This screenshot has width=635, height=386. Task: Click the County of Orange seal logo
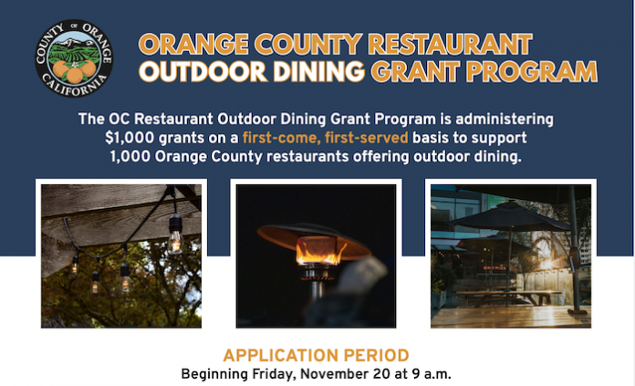[x=74, y=57]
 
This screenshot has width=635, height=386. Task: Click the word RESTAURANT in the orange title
[x=450, y=44]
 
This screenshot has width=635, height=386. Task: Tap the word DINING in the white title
[x=319, y=72]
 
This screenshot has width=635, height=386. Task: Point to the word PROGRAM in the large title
[x=531, y=72]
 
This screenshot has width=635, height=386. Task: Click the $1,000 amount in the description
[x=130, y=138]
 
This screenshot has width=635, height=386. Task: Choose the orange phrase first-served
[x=366, y=138]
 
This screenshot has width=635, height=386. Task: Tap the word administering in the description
[x=505, y=120]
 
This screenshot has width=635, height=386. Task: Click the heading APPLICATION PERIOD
[x=316, y=356]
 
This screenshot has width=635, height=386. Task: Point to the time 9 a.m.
[x=432, y=374]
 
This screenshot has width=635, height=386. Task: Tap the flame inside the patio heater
[x=320, y=253]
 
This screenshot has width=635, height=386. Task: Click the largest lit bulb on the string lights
[x=175, y=242]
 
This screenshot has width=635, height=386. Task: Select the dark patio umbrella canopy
[x=510, y=216]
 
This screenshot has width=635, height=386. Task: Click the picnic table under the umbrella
[x=509, y=297]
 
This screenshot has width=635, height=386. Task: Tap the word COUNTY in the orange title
[x=308, y=44]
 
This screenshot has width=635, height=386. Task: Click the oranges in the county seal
[x=74, y=71]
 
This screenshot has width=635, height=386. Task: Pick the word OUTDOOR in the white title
[x=203, y=72]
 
